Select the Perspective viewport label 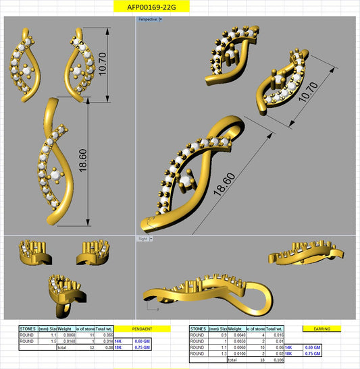click(x=147, y=20)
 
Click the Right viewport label click(x=143, y=238)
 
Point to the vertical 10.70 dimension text click(x=103, y=65)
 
